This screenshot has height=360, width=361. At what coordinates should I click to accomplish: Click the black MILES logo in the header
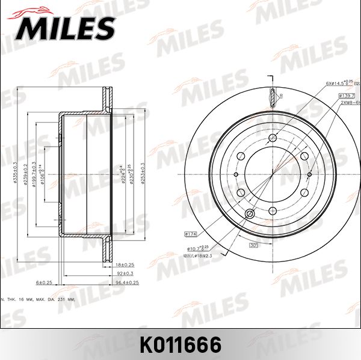click(x=66, y=27)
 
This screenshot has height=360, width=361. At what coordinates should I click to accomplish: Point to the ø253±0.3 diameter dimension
click(x=143, y=174)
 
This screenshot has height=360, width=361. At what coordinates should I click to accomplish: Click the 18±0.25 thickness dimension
click(x=125, y=264)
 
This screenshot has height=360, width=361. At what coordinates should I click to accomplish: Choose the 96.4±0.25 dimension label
click(x=127, y=282)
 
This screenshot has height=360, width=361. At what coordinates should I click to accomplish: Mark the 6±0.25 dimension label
click(x=45, y=282)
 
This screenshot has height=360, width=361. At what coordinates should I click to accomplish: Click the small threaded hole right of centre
click(x=309, y=174)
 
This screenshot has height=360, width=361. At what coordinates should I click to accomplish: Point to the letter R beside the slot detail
click(x=281, y=96)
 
